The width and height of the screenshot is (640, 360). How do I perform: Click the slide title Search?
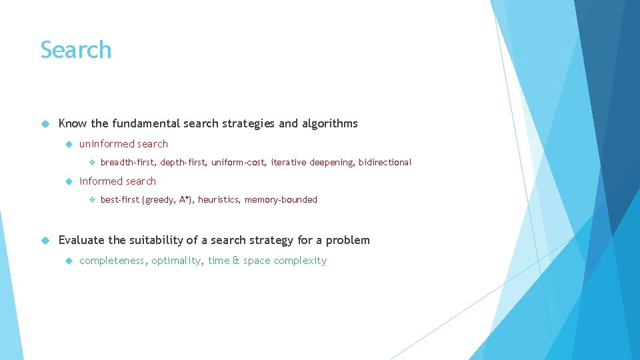click(x=75, y=51)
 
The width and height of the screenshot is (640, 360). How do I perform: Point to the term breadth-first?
click(x=127, y=162)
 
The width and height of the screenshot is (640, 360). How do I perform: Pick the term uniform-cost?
click(x=238, y=162)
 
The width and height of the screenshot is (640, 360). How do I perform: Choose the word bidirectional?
click(x=385, y=162)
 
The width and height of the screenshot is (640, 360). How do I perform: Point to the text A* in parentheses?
click(x=185, y=199)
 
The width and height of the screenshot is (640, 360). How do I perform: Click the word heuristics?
click(x=218, y=199)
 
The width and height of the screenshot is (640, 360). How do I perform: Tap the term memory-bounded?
click(x=281, y=199)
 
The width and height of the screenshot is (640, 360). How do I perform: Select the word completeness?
click(x=112, y=261)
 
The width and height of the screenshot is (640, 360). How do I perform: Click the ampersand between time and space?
click(x=235, y=261)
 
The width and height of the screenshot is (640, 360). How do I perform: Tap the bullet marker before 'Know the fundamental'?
click(x=45, y=123)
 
